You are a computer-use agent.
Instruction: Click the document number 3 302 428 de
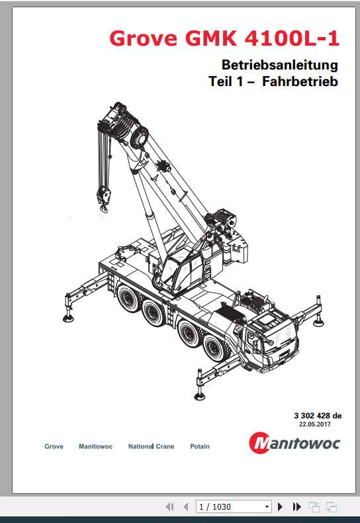318,416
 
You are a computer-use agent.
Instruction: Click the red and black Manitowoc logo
295,442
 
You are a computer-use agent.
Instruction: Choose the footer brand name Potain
199,447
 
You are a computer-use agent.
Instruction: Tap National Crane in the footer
151,447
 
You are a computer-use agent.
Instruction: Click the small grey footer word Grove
54,447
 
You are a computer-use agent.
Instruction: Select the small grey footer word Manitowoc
95,447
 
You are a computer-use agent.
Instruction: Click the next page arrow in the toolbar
280,506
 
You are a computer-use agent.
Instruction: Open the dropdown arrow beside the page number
267,506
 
